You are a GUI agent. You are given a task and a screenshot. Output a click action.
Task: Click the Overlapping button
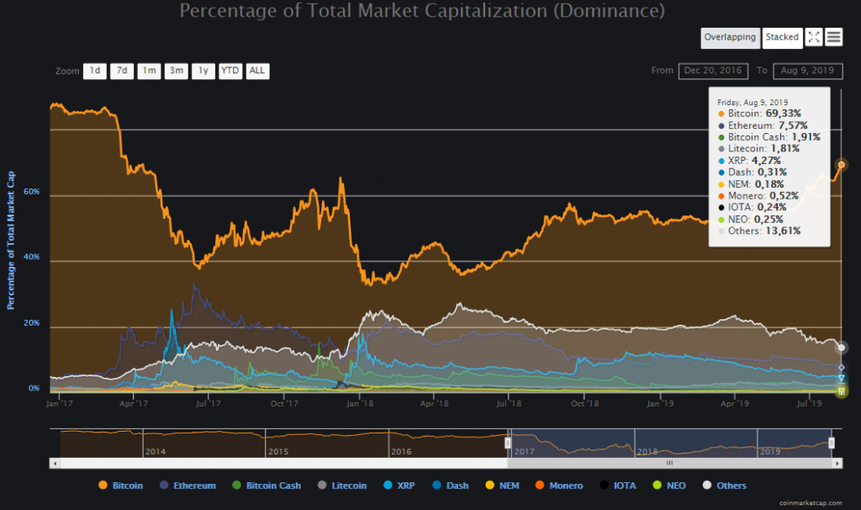[x=730, y=37]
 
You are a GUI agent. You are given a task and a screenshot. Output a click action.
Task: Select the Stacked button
[x=782, y=37]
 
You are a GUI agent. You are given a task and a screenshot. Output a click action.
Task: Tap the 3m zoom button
[x=177, y=71]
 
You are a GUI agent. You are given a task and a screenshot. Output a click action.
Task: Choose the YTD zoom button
[x=230, y=71]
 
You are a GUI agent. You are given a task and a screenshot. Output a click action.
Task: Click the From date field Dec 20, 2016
[x=713, y=71]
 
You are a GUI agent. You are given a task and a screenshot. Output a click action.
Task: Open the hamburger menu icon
[x=834, y=37]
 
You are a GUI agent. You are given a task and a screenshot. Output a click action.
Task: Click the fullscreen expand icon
[x=814, y=37]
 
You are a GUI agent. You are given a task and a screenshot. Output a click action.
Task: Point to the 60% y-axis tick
[x=32, y=192]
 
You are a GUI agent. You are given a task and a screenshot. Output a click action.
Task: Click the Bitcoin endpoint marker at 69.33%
[x=841, y=164]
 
